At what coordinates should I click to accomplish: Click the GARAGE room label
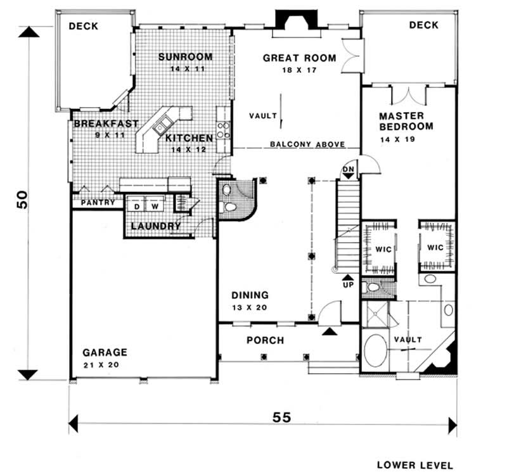pyautogui.click(x=105, y=352)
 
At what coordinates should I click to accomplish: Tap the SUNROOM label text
pyautogui.click(x=185, y=56)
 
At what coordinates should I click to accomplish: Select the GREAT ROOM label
pyautogui.click(x=290, y=58)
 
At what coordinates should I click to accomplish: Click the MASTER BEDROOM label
pyautogui.click(x=406, y=122)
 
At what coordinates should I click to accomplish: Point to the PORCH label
pyautogui.click(x=265, y=340)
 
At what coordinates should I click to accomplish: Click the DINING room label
pyautogui.click(x=250, y=295)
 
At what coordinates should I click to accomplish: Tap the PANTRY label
pyautogui.click(x=98, y=203)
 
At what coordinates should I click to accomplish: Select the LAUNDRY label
pyautogui.click(x=156, y=226)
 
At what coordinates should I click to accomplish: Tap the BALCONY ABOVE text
pyautogui.click(x=307, y=144)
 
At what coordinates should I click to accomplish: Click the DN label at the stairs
pyautogui.click(x=348, y=170)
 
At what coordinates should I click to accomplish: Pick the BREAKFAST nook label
pyautogui.click(x=105, y=124)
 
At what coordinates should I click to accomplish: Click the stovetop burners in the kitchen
pyautogui.click(x=223, y=130)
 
